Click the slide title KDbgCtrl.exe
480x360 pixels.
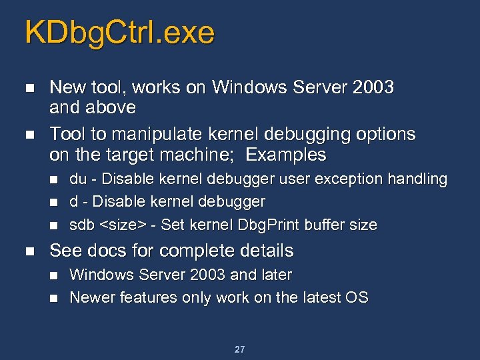pyautogui.click(x=120, y=33)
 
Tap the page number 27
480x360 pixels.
pyautogui.click(x=240, y=349)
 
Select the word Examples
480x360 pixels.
pyautogui.click(x=286, y=155)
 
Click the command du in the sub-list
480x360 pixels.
pyautogui.click(x=77, y=179)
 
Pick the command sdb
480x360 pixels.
pyautogui.click(x=82, y=225)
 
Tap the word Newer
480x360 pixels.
pyautogui.click(x=92, y=297)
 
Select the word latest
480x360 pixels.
pyautogui.click(x=317, y=297)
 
